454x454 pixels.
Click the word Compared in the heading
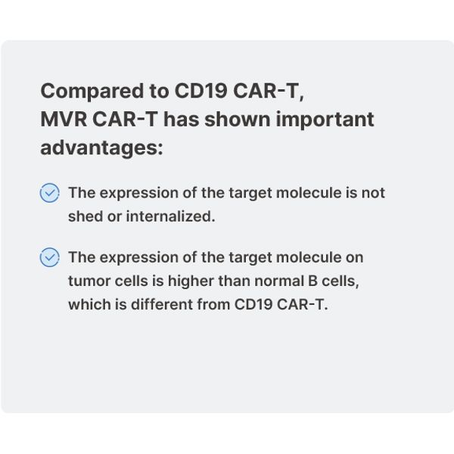92,92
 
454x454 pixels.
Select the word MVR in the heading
64,119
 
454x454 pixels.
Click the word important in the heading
325,120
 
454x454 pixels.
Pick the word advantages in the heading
101,148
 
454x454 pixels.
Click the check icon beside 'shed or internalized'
49,192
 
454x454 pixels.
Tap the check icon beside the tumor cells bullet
49,257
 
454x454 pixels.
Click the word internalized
170,216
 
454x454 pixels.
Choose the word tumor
89,281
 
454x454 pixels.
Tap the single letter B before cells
313,281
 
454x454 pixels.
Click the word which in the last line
89,304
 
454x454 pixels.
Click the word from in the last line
213,304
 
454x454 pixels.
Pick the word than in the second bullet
234,281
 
